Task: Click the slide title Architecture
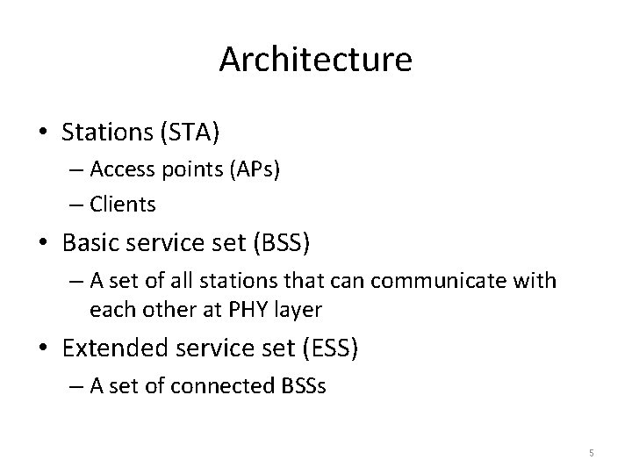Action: click(x=315, y=60)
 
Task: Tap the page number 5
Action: click(x=592, y=453)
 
